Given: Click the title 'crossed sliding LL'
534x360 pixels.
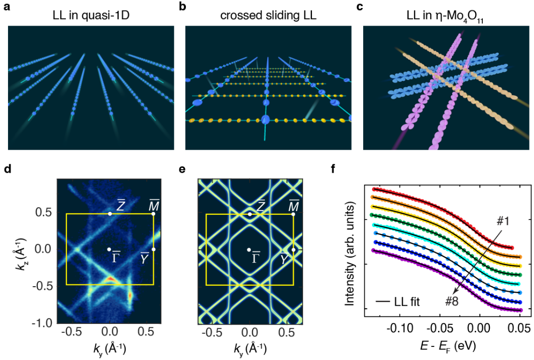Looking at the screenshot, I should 266,15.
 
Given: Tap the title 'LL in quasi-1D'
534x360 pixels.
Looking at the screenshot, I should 91,15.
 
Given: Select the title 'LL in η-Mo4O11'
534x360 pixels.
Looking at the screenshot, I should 445,16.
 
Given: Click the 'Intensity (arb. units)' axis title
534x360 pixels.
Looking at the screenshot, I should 350,249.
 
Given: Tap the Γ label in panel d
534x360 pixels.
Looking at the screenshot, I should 116,255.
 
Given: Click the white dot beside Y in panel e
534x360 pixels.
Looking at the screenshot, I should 294,250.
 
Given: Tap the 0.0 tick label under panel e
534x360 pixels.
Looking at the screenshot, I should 249,332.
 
